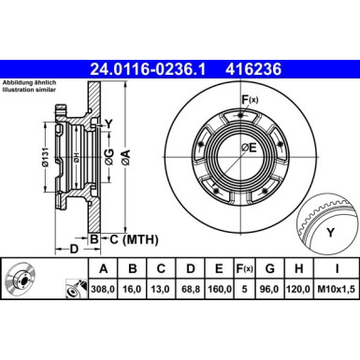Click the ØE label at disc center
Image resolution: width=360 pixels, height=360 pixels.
point(248,148)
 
